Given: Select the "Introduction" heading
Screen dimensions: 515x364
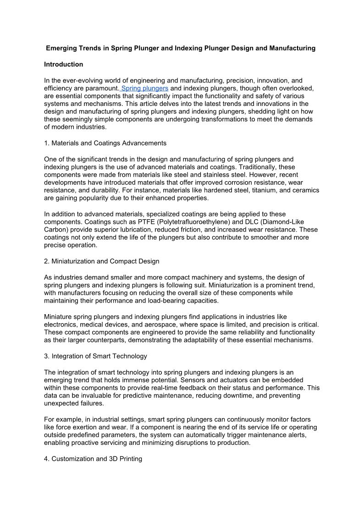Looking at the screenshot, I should [64, 64].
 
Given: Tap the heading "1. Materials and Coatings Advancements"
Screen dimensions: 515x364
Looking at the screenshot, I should [105, 143].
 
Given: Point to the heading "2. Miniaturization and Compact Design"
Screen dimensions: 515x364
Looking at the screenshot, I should [102, 261].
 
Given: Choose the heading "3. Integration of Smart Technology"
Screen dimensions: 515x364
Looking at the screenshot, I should [95, 356].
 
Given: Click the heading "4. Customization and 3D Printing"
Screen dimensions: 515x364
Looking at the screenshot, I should [93, 459].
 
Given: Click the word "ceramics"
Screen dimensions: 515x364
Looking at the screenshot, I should [306, 190].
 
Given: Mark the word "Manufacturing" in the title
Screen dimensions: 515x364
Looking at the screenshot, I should [292, 48].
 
